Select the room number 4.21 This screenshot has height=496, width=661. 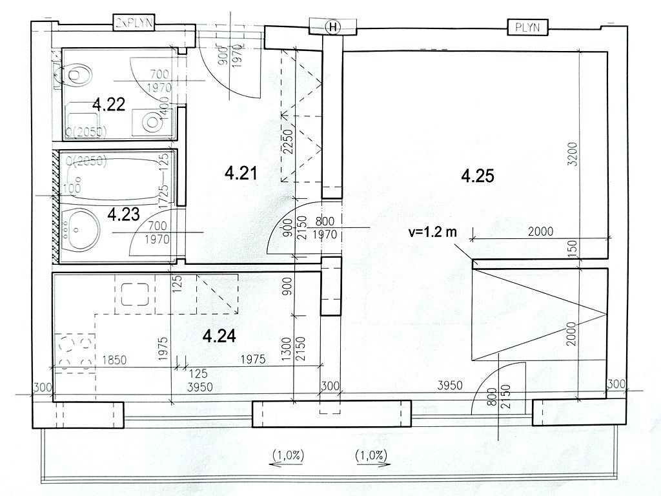pos(241,172)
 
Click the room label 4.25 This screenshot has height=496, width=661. pos(478,175)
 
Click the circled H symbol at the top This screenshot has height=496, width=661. pos(333,26)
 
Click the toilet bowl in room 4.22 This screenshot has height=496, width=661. pos(77,76)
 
